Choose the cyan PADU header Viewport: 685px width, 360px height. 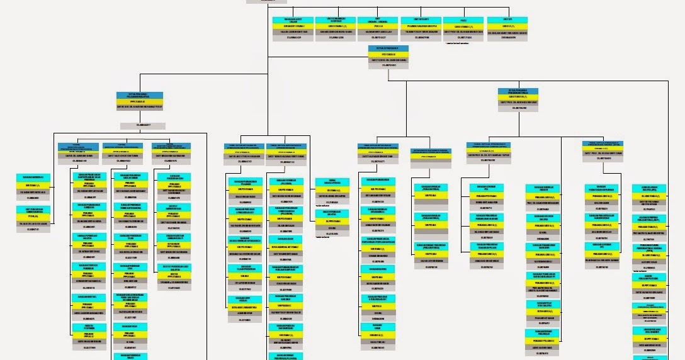[463, 20]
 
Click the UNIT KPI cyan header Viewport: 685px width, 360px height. [507, 20]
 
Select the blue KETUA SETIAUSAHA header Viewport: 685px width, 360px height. [388, 48]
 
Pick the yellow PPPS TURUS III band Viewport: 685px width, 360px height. [137, 101]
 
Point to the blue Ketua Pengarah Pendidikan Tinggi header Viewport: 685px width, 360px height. [518, 91]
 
